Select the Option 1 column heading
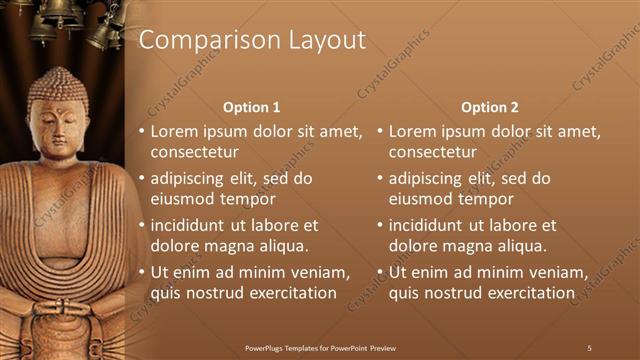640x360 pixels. pos(251,107)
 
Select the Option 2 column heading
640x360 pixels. pos(490,107)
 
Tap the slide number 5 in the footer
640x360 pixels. pos(589,348)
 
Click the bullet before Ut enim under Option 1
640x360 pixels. pos(141,272)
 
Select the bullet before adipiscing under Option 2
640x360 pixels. pos(380,179)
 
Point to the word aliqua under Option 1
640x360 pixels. pos(284,246)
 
